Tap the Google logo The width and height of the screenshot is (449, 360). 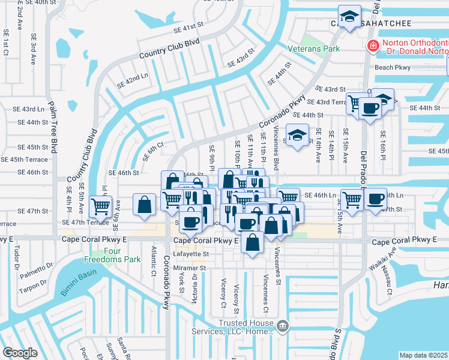pyautogui.click(x=20, y=353)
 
